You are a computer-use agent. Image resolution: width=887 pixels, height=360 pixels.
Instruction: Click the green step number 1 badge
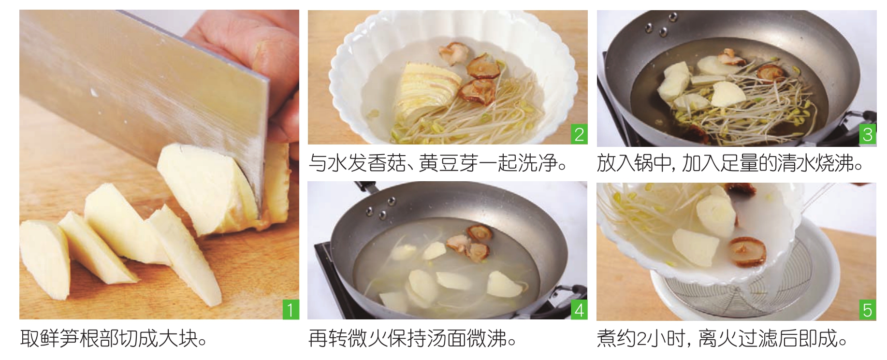tap(291, 309)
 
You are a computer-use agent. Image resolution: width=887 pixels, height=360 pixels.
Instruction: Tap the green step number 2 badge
tap(579, 134)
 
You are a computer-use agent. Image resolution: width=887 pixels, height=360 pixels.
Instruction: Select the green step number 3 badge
tap(868, 135)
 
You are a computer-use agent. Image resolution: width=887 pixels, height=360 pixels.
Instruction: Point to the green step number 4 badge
tap(579, 309)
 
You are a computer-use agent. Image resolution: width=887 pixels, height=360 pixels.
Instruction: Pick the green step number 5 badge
tap(868, 310)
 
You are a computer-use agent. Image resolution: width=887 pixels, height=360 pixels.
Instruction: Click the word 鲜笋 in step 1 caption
tap(59, 338)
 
